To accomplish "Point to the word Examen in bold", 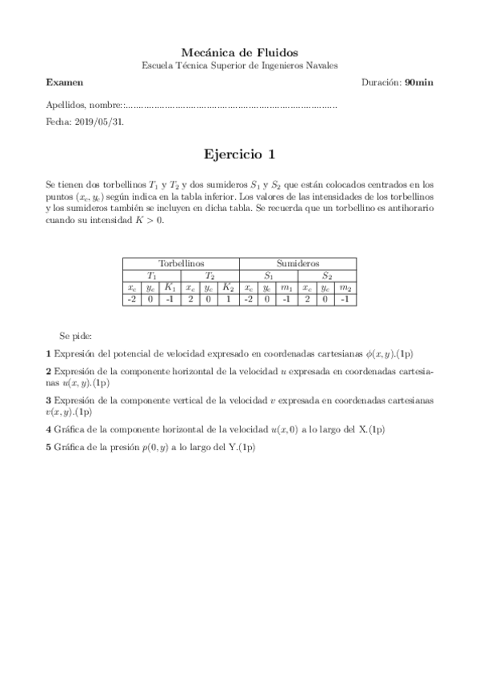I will point(64,82).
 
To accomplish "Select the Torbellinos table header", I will point(181,263).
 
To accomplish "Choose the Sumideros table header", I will point(297,263).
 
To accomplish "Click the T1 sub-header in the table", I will point(151,275).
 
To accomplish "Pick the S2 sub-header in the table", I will point(326,275).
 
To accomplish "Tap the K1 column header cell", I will point(170,287).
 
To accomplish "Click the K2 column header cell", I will point(229,287).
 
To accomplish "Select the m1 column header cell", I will point(286,287).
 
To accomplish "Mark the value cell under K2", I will point(229,299).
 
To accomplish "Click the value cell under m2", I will point(345,299).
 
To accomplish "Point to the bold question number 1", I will point(49,353).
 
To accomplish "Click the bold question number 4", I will point(49,429).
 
